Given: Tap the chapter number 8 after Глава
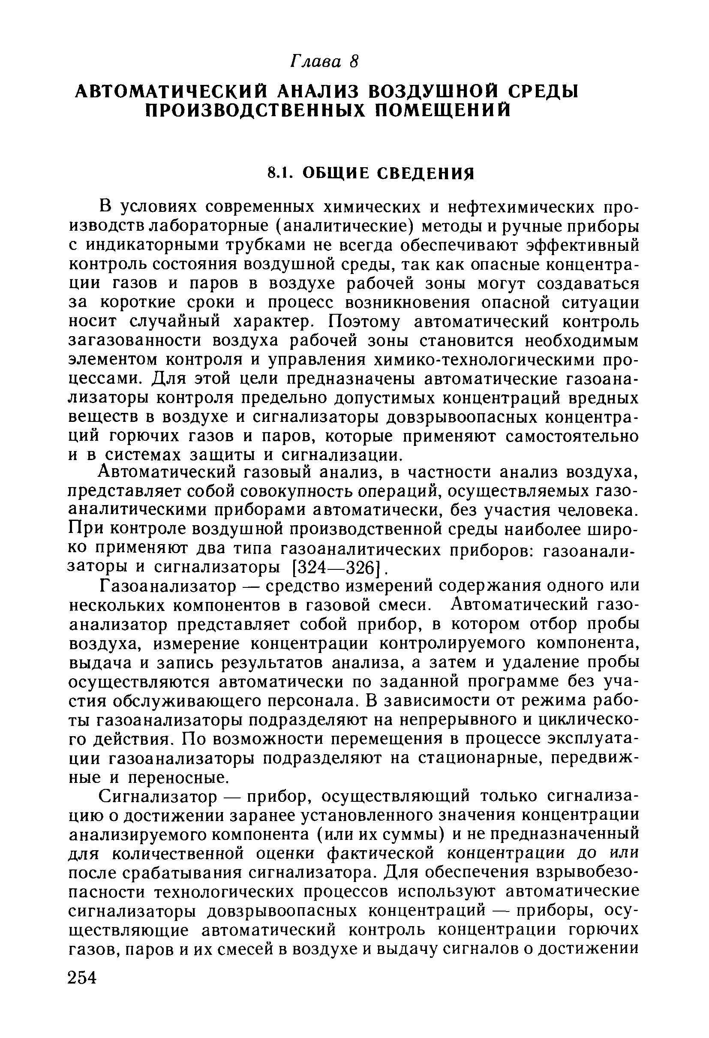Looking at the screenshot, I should pos(354,62).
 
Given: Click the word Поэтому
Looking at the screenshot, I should pos(367,321).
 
